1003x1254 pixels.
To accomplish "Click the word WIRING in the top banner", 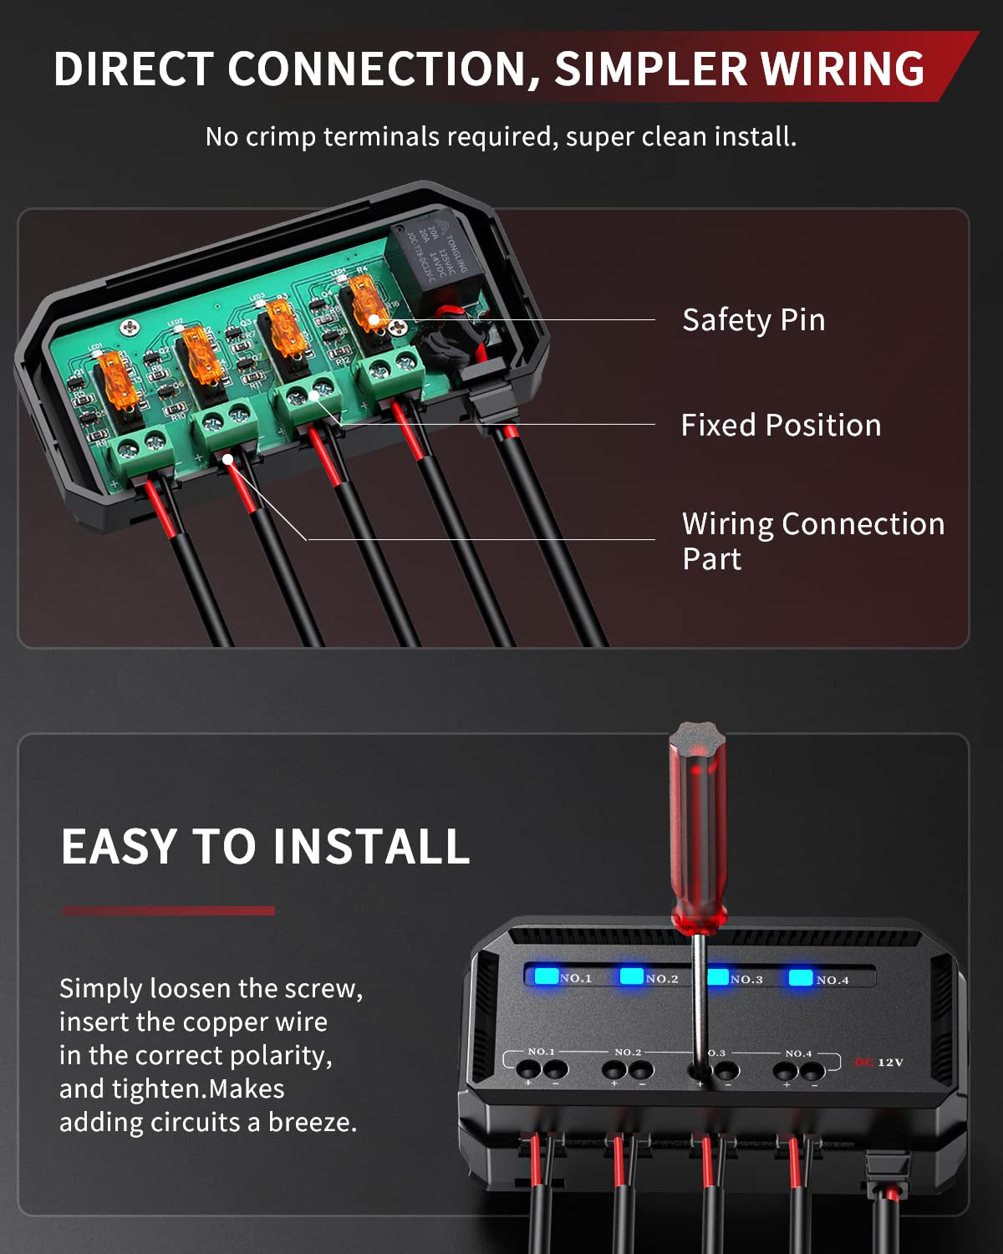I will coord(843,69).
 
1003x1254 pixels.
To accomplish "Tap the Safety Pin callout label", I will coord(753,320).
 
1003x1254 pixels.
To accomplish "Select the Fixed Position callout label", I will coord(781,426).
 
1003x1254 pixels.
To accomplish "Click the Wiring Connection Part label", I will coord(812,540).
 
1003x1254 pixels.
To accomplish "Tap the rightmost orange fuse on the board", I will coord(366,305).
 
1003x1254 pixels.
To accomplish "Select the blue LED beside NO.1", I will coord(547,976).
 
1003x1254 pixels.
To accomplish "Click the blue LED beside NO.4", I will coord(801,977).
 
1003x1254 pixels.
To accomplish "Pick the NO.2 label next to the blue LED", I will coord(662,978).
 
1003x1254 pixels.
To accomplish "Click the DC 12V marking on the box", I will coord(878,1063).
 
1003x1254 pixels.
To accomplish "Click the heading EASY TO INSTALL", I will coord(265,846).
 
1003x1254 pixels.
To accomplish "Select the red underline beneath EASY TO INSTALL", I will coord(168,910).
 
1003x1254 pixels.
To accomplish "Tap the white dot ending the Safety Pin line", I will coord(374,319).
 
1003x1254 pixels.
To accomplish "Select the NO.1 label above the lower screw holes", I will coord(542,1052).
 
